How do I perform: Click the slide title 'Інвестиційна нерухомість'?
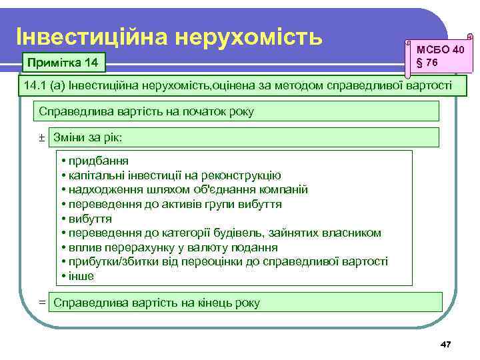coord(169,34)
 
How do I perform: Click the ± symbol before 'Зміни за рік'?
coord(41,137)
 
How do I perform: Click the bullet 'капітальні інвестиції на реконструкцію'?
coord(170,175)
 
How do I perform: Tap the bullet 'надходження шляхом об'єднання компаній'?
coord(184,189)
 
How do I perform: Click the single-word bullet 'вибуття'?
coord(86,219)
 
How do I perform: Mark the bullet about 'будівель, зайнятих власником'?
coord(221,233)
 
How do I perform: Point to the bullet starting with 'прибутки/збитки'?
coord(224,261)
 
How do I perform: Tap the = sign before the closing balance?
coord(41,303)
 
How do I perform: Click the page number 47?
coord(446,344)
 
